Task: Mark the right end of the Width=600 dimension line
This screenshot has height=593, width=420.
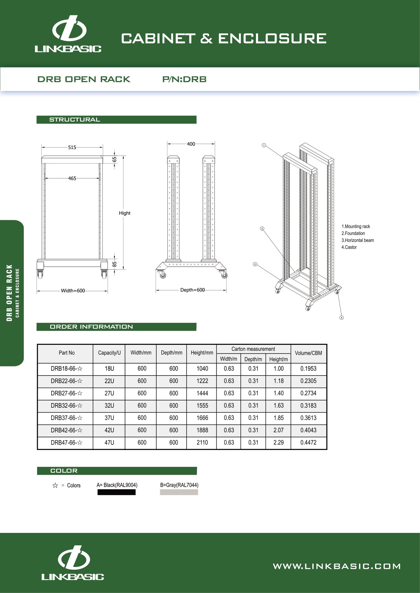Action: click(108, 291)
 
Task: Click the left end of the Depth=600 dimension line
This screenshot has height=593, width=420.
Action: click(156, 290)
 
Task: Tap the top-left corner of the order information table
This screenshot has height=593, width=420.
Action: click(38, 344)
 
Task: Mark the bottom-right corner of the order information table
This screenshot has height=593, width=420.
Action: click(327, 450)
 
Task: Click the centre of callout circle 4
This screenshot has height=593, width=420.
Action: click(341, 318)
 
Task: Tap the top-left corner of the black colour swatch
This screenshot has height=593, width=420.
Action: click(98, 490)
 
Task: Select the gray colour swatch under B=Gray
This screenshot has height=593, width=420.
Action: click(179, 492)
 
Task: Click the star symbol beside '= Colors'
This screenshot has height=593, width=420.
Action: click(55, 486)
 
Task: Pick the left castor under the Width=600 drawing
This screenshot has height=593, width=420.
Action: click(40, 274)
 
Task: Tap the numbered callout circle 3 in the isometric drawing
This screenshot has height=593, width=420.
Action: click(262, 229)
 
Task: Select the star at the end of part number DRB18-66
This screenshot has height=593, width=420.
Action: click(80, 369)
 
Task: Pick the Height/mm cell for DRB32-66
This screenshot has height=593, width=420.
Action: click(202, 405)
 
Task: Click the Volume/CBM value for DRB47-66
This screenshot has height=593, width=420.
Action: click(308, 442)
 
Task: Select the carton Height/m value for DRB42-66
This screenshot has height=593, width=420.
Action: click(279, 430)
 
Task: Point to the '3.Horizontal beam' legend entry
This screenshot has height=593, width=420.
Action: click(358, 240)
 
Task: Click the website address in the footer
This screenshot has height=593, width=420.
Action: click(337, 567)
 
